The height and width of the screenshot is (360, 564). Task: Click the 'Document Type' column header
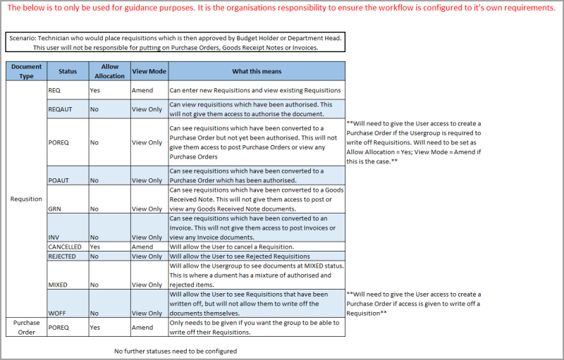tap(26, 71)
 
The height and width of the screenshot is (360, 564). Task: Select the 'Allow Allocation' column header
tap(109, 71)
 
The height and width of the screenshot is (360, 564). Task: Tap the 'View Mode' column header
tap(149, 71)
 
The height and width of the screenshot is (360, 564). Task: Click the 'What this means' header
tap(257, 71)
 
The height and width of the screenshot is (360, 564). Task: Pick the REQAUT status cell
tap(59, 110)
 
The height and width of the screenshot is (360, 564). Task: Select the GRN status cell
tap(56, 209)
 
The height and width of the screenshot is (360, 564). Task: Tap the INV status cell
tap(54, 237)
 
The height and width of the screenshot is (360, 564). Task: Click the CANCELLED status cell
tap(65, 247)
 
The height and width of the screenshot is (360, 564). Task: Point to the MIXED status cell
tap(59, 285)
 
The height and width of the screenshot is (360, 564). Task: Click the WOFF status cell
tap(57, 313)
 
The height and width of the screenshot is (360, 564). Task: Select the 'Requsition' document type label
tap(26, 199)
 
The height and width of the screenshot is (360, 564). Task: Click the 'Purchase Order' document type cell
tap(26, 327)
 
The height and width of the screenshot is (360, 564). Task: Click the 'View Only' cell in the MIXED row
tap(147, 285)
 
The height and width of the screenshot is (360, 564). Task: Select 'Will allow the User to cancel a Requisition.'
tap(231, 247)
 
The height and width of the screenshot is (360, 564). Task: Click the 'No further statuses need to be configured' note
tap(176, 350)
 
